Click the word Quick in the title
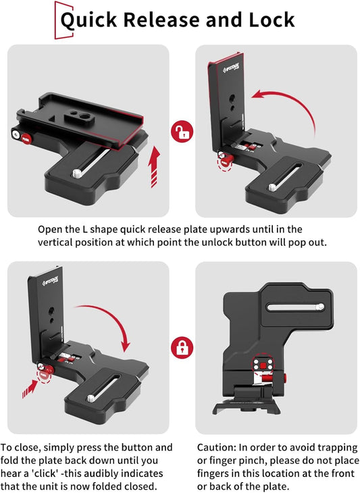coord(88,20)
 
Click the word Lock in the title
coord(272,20)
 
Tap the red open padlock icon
coord(182,132)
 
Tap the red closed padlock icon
coord(182,348)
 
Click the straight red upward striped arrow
coord(155,167)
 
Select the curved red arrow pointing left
coord(283,107)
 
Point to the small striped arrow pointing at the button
coord(30,389)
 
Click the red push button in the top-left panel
coord(26,138)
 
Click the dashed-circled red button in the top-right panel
coord(226,161)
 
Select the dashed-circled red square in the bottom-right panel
coord(263,365)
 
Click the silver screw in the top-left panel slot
coord(77,173)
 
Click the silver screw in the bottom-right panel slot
coord(320,307)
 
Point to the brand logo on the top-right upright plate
coord(231,68)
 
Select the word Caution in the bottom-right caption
coord(217,447)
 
